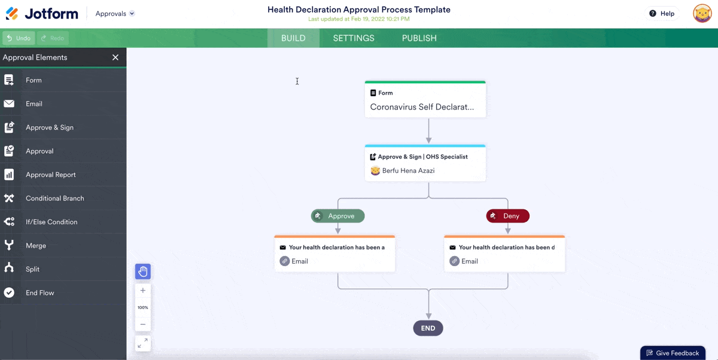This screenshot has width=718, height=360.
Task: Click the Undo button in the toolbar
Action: point(19,38)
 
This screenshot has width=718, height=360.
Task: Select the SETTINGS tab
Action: point(354,38)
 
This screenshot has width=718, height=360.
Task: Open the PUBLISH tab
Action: point(419,38)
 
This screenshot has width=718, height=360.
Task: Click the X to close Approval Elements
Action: point(115,57)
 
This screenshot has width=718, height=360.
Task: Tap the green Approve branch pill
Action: point(338,216)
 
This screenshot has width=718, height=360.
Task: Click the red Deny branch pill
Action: point(508,216)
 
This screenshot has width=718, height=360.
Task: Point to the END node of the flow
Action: point(428,328)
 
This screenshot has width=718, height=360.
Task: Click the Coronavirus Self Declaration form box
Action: point(425,99)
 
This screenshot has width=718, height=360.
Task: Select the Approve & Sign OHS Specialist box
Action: point(425,163)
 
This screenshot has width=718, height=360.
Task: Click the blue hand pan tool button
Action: point(143,271)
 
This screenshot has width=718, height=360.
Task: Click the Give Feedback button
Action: point(673,353)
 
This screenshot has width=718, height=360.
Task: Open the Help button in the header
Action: point(662,13)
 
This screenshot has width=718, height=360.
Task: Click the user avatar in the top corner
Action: point(702,13)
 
